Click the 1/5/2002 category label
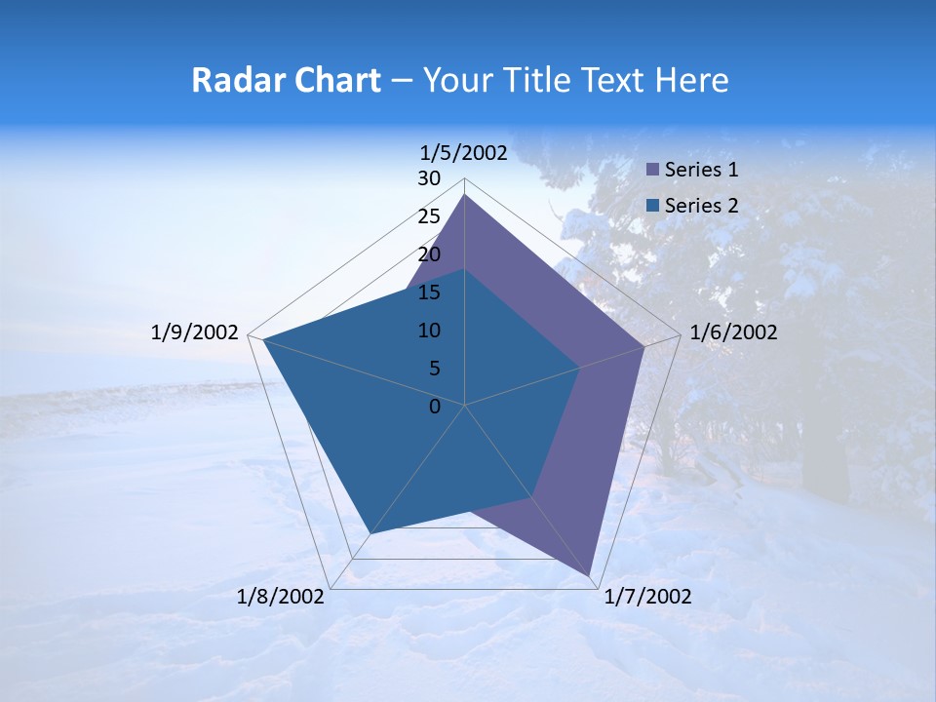(x=464, y=152)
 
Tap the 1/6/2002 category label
(x=733, y=332)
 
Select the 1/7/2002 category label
(x=647, y=597)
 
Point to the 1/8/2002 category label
(x=281, y=597)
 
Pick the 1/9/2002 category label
(x=195, y=332)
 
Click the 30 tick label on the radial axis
(x=429, y=178)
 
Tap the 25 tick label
(x=429, y=216)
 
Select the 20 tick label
(x=429, y=254)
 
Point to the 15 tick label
(x=429, y=292)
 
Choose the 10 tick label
(x=429, y=331)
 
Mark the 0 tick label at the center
(x=435, y=407)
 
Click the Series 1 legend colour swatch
(x=652, y=170)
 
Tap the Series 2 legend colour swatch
(x=652, y=206)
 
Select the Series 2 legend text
(x=701, y=206)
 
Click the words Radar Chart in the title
(x=286, y=80)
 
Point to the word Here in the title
(x=691, y=80)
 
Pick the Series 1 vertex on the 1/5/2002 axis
(x=465, y=195)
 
